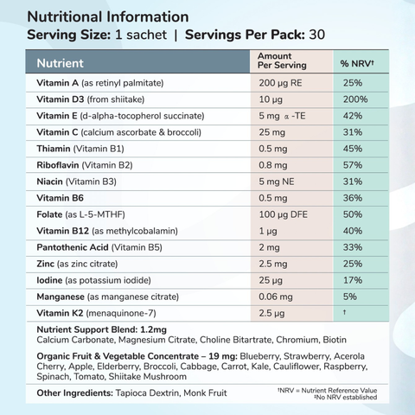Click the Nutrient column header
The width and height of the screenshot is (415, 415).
[61, 63]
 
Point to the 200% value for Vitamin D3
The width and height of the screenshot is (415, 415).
[355, 99]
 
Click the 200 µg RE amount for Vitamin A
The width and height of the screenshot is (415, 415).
[278, 83]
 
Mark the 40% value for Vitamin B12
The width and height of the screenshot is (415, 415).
[353, 232]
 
